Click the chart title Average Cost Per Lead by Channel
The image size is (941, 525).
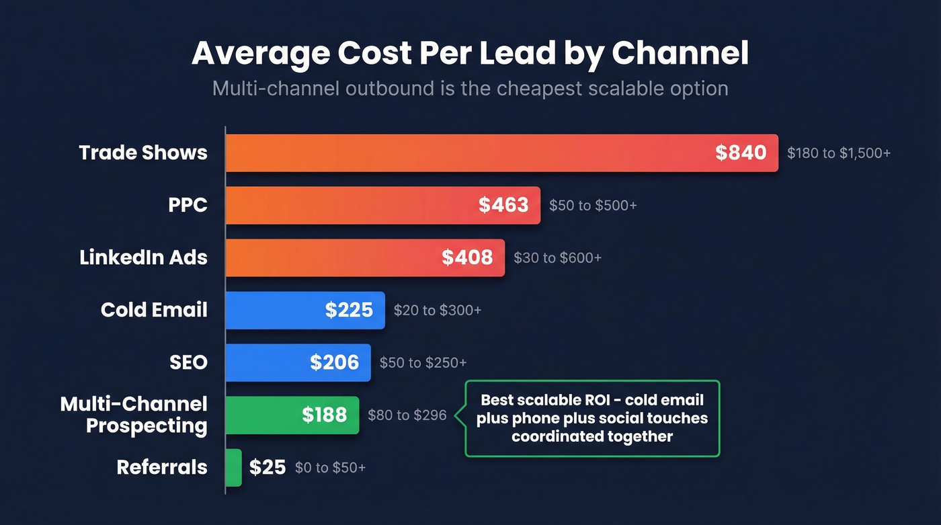point(470,54)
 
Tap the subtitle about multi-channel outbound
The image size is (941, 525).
point(470,88)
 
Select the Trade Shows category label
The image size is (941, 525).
point(143,153)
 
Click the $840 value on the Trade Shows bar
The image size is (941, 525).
point(741,153)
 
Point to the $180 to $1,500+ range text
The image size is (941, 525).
point(839,153)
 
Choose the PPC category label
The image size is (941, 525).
point(188,205)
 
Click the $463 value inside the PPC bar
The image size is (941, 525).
point(503,205)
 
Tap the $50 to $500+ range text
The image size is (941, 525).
point(593,206)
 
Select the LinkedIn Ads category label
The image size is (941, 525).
point(143,257)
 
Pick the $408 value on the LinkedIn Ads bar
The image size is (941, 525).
point(467,257)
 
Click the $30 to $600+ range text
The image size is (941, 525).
point(557,258)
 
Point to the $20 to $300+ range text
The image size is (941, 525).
point(438,311)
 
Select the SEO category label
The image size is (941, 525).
point(188,362)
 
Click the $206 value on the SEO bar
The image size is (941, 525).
point(335,362)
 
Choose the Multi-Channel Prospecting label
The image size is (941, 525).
point(134,415)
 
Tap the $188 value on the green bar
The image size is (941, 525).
point(324,415)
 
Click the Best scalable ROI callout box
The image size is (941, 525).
point(592,418)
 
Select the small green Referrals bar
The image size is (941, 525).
point(233,467)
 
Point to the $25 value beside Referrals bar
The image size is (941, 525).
point(268,467)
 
